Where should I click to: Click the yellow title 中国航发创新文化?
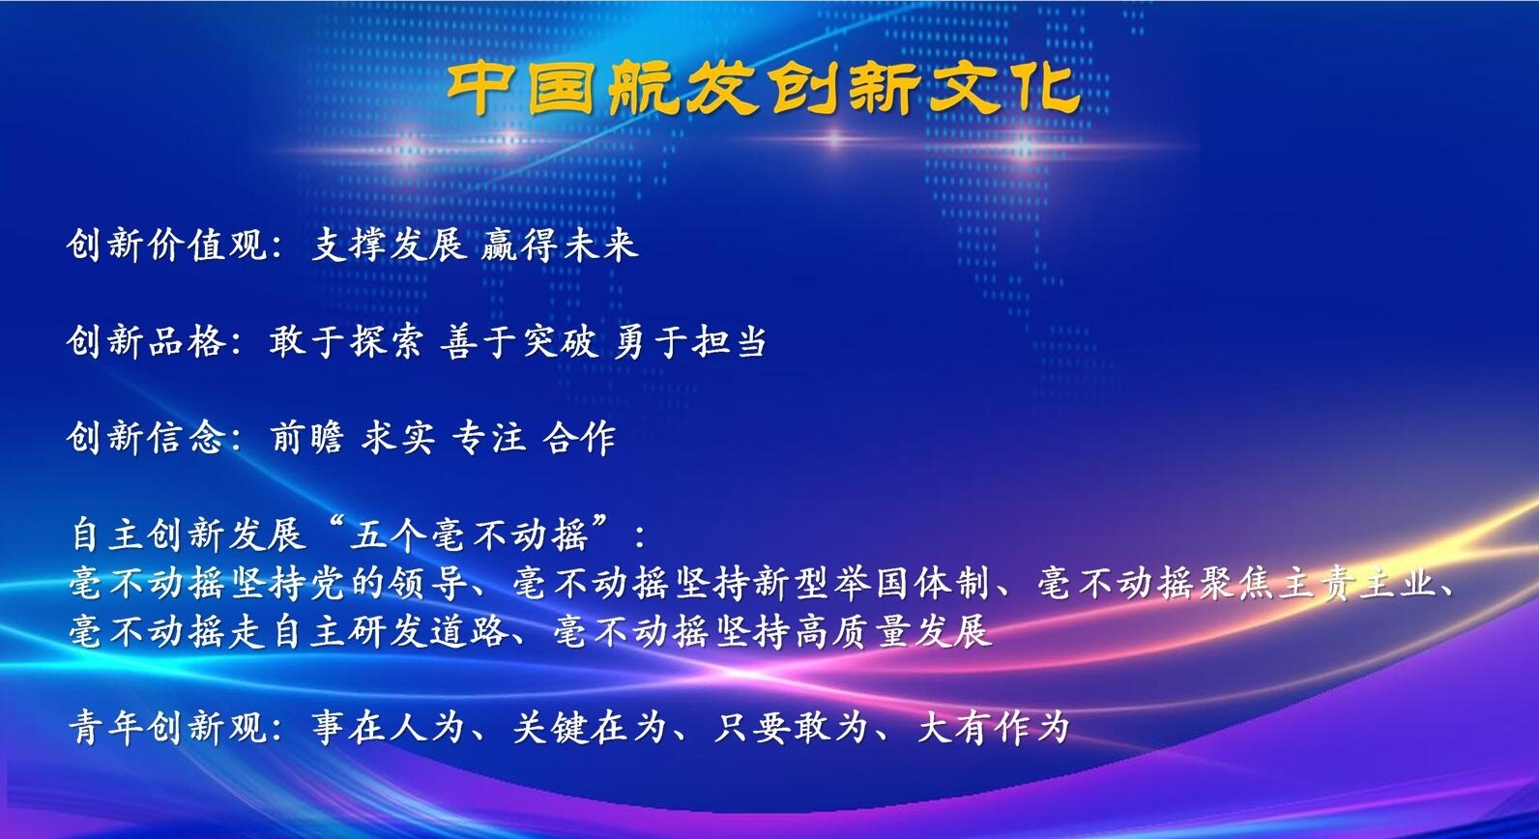(763, 90)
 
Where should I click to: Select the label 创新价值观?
(166, 246)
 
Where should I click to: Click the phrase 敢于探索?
(346, 341)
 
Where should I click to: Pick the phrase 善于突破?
(519, 341)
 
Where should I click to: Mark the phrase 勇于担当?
(690, 341)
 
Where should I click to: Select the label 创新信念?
(146, 438)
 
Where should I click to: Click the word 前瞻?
(307, 438)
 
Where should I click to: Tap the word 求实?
(397, 438)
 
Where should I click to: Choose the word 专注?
(488, 438)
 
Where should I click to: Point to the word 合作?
(579, 438)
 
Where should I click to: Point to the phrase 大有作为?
(993, 727)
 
